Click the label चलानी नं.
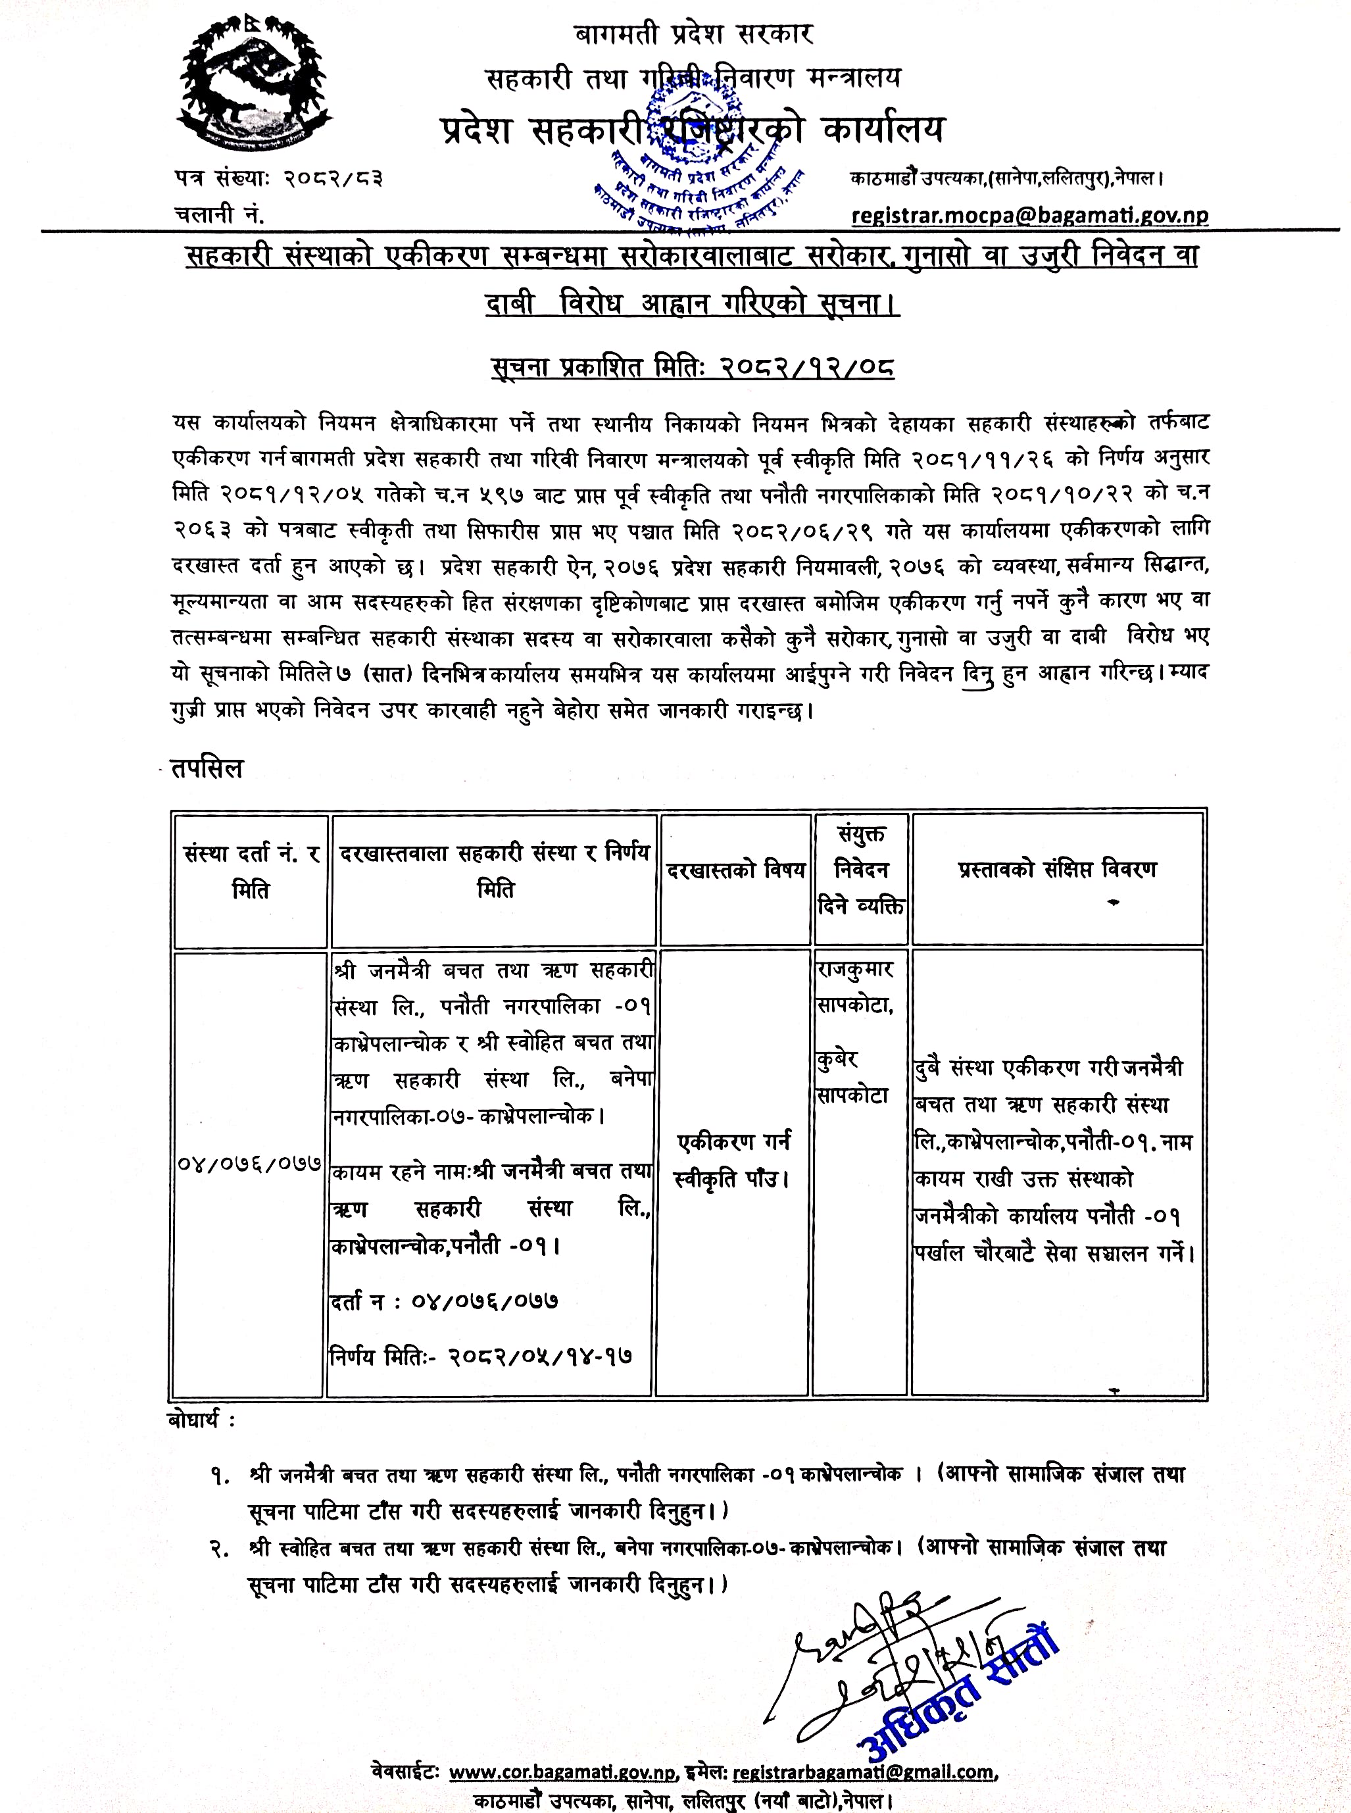[x=219, y=214]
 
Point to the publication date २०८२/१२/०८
[x=806, y=367]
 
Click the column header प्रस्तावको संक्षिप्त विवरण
[x=1058, y=868]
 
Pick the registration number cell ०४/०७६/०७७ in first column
[x=249, y=1162]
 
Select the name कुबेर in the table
[x=837, y=1059]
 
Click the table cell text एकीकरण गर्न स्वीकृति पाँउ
[x=733, y=1160]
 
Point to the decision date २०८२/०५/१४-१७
[x=540, y=1356]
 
